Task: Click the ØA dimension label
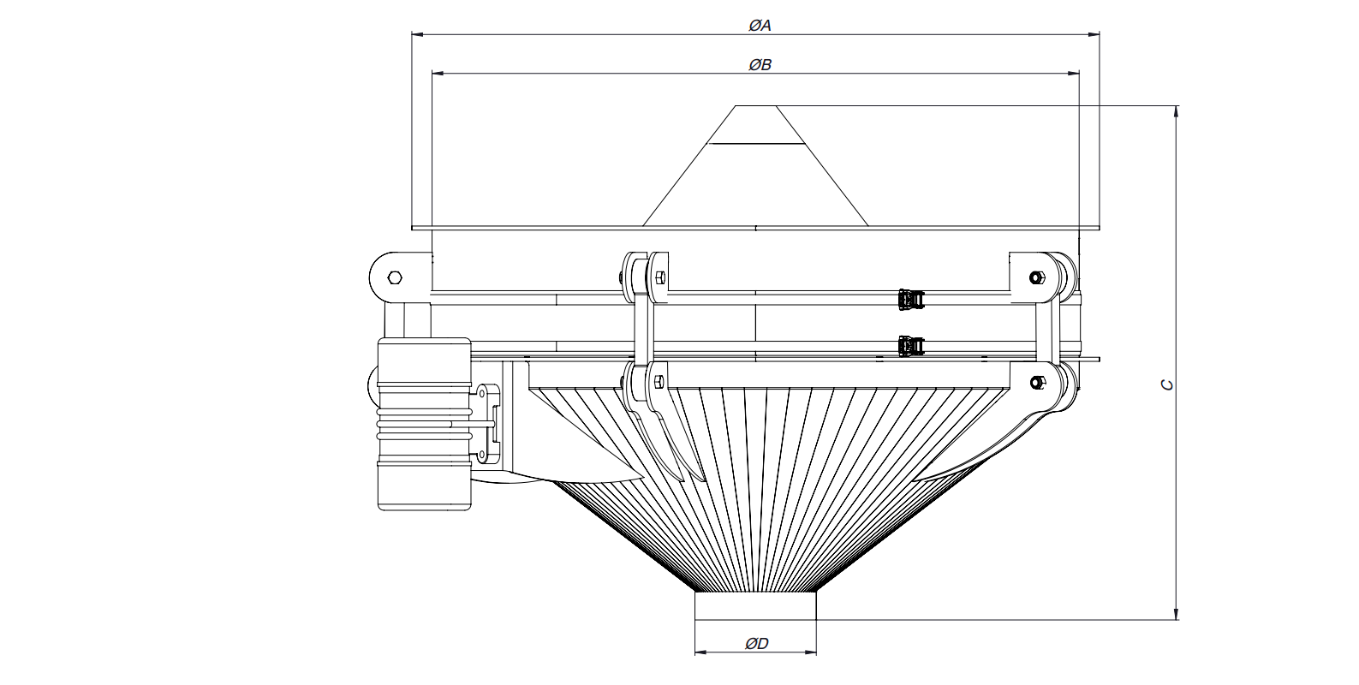(x=760, y=26)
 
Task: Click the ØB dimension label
(x=760, y=65)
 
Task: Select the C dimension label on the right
(x=1166, y=384)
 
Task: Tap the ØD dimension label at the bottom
(x=756, y=644)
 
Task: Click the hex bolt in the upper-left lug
(x=395, y=278)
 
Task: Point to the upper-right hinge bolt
(x=1037, y=278)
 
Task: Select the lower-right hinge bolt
(x=1037, y=382)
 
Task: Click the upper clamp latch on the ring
(x=910, y=299)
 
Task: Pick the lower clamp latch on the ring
(x=910, y=346)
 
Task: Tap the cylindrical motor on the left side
(x=424, y=424)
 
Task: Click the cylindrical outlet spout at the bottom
(x=755, y=605)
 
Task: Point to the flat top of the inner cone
(x=755, y=106)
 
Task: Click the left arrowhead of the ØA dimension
(x=417, y=34)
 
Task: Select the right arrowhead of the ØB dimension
(x=1073, y=74)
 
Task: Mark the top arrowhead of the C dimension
(x=1177, y=112)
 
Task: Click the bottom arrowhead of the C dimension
(x=1177, y=613)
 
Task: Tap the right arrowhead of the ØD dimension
(x=811, y=652)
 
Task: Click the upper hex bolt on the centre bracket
(x=660, y=278)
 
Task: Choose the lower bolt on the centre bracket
(x=659, y=382)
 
